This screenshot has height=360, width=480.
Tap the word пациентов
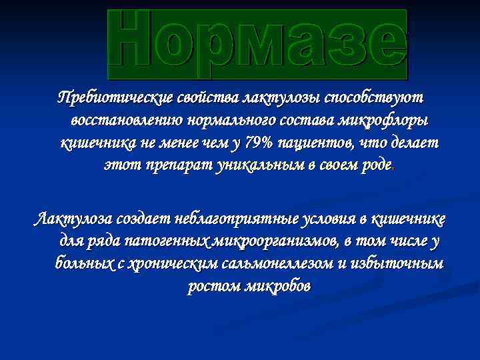312,143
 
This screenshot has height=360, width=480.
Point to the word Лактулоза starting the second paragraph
73,219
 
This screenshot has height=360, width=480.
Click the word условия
299,219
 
